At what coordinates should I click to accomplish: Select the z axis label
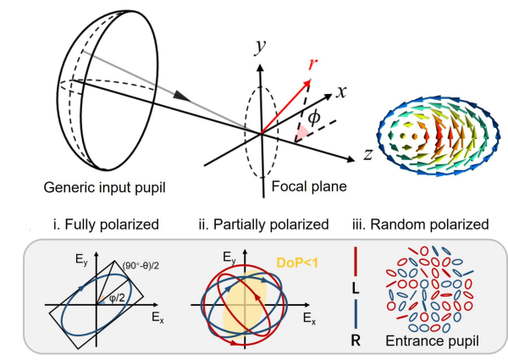367,153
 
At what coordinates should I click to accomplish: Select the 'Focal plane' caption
289,187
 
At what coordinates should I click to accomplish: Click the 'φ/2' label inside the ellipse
122,296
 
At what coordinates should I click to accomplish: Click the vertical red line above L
357,258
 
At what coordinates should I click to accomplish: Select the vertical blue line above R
357,313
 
